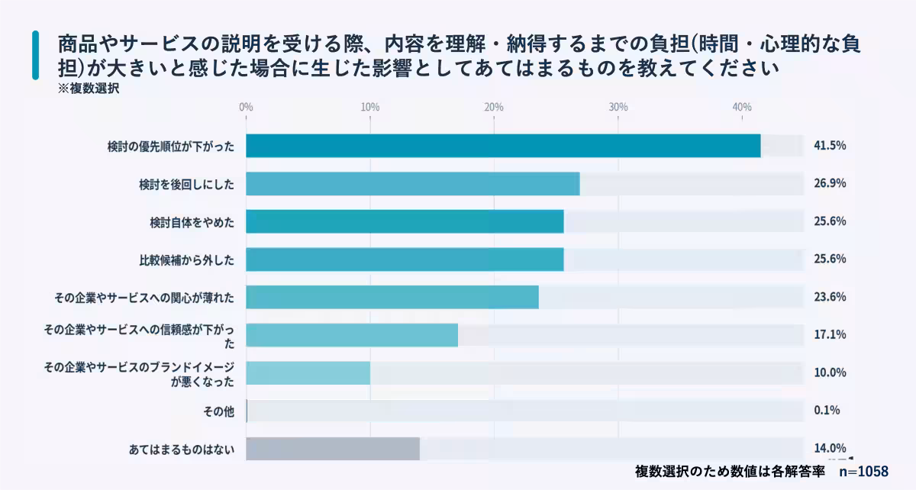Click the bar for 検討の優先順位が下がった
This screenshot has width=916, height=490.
(x=503, y=146)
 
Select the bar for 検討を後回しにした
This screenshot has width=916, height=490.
(x=412, y=184)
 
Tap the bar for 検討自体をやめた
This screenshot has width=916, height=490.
(x=405, y=221)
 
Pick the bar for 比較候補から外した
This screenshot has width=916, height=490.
(x=405, y=260)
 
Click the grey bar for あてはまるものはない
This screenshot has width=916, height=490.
(x=333, y=449)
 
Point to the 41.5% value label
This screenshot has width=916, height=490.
(x=830, y=146)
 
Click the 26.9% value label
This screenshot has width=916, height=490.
(x=830, y=184)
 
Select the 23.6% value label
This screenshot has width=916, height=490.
(x=830, y=297)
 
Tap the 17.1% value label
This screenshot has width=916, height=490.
(x=830, y=335)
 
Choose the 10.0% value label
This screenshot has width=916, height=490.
(x=830, y=372)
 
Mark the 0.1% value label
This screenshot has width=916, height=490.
(x=827, y=411)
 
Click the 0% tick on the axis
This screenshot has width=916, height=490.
(x=246, y=108)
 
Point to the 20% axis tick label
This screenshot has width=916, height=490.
(x=494, y=108)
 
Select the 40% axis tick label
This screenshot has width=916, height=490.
(x=742, y=108)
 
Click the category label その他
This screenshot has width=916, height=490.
(x=218, y=411)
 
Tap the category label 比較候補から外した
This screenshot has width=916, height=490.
(x=182, y=260)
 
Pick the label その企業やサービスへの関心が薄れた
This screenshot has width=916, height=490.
(x=144, y=298)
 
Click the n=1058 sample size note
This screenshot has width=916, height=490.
(x=863, y=472)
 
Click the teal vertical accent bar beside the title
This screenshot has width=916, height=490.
(x=35, y=55)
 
